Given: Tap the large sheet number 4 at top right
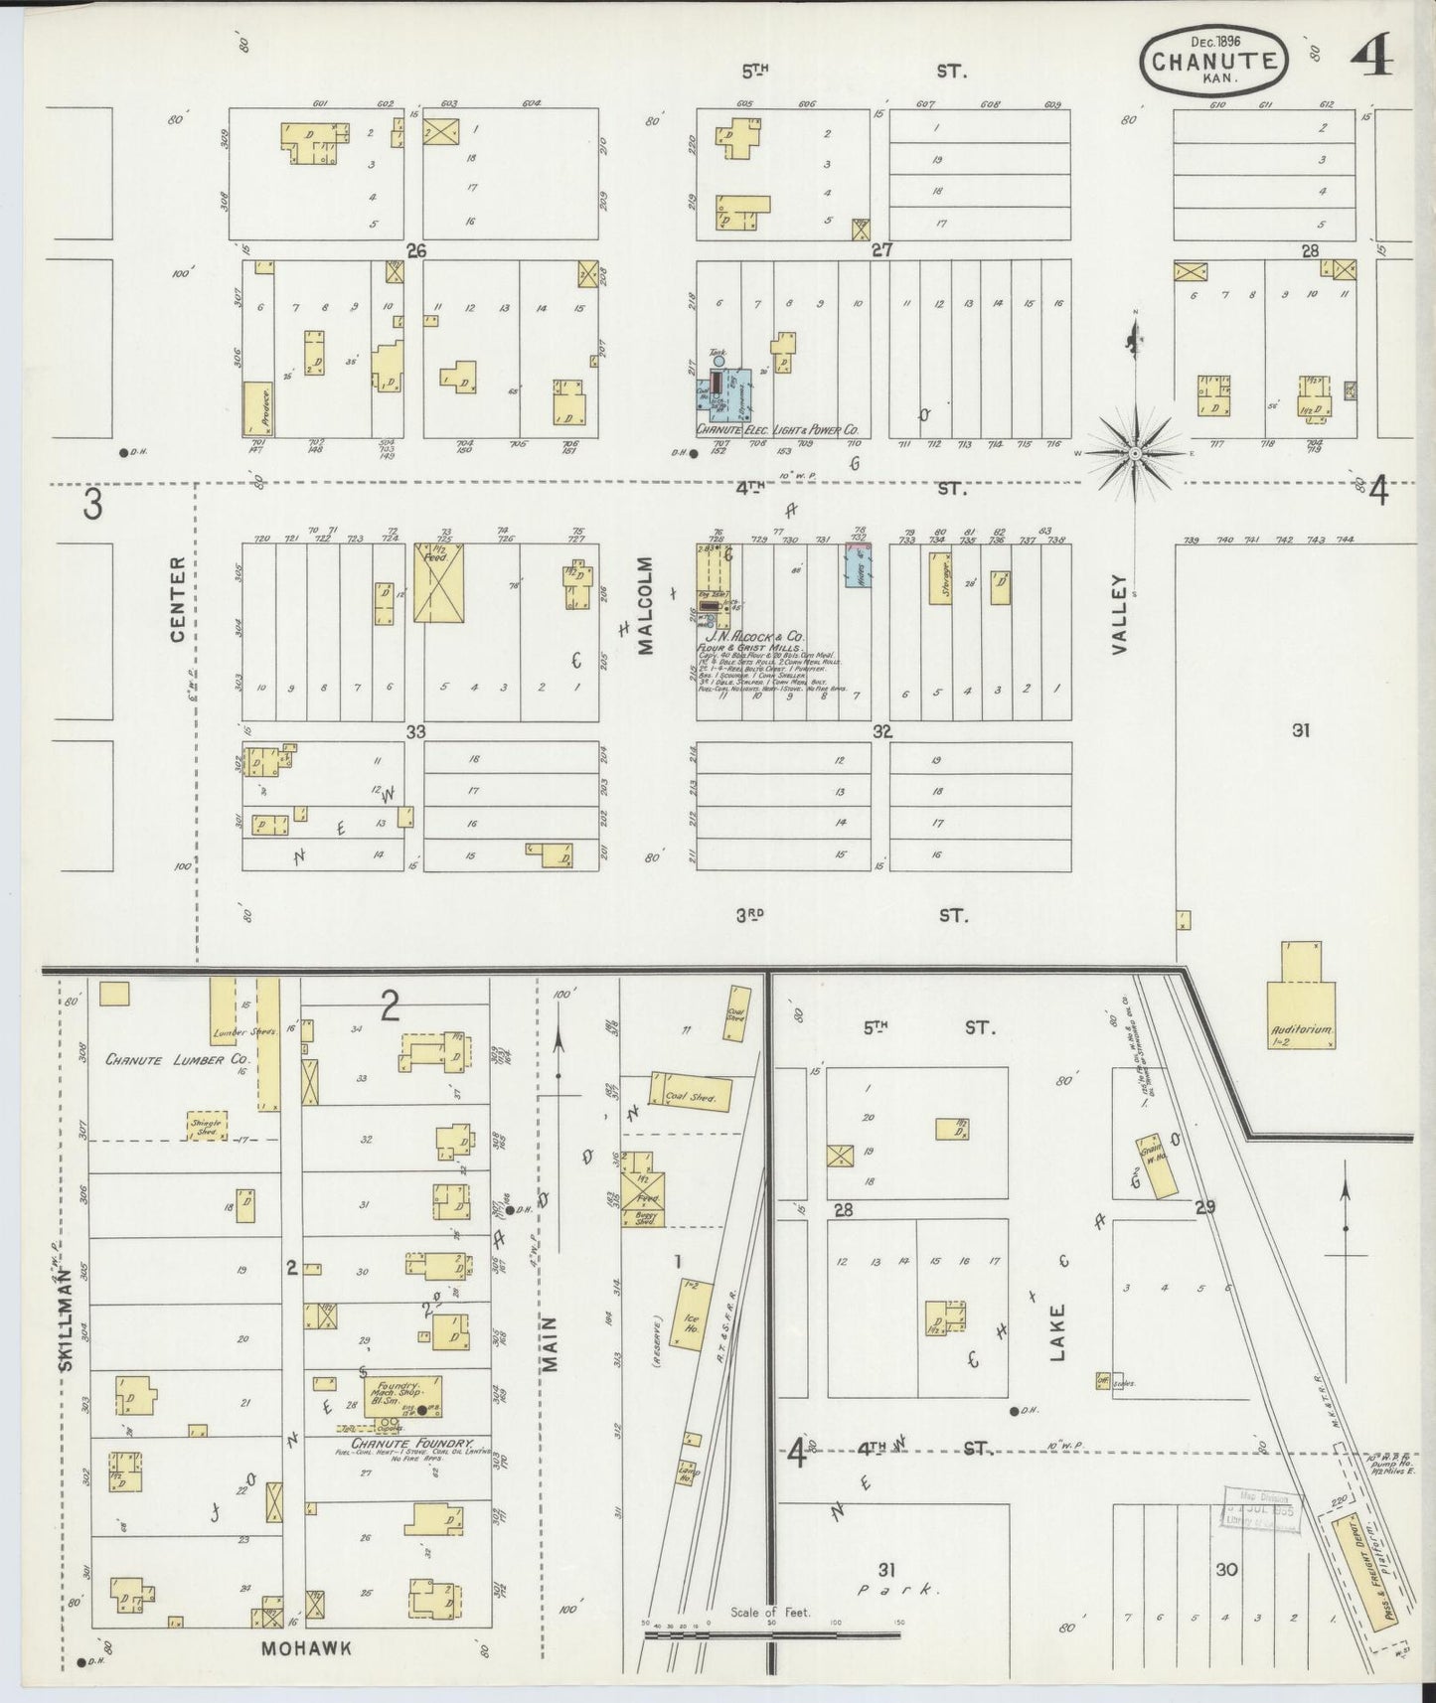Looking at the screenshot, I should coord(1371,59).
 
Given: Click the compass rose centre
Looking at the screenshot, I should coord(1135,453).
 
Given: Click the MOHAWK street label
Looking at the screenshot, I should coord(307,1648).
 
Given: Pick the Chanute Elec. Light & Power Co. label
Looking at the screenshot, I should coord(777,431).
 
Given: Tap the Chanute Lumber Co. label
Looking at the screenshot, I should coord(176,1059).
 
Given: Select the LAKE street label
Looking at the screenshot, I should coord(1056,1331).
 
